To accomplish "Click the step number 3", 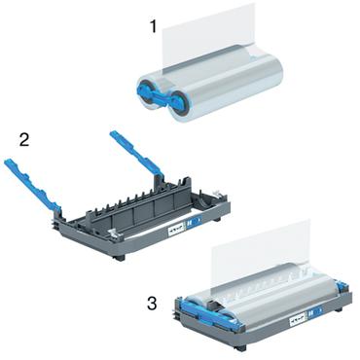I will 152,305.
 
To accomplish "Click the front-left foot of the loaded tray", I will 239,346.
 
